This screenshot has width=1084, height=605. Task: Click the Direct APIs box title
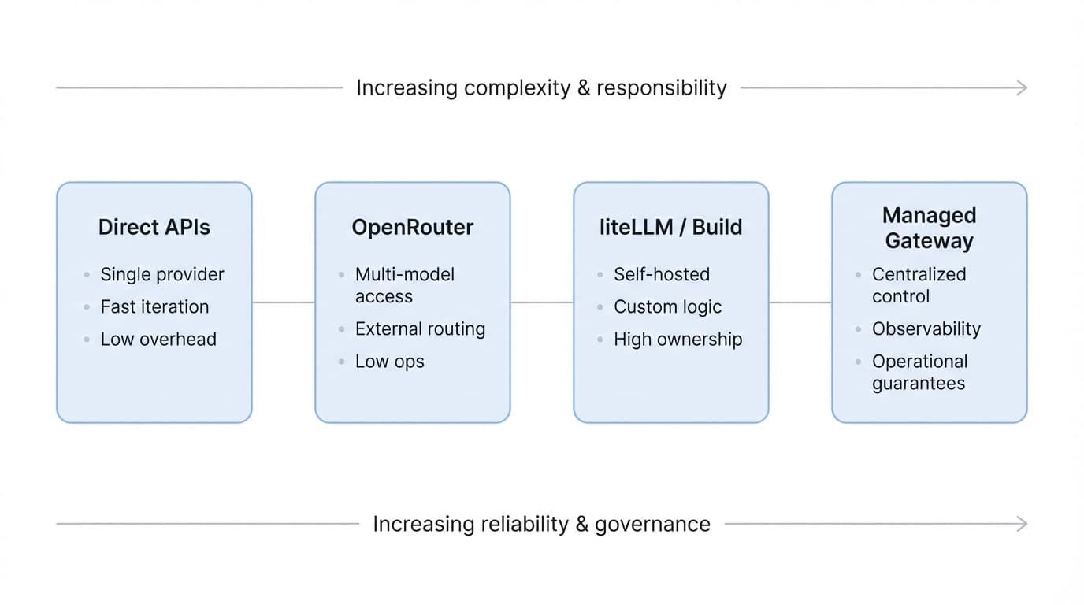click(x=154, y=227)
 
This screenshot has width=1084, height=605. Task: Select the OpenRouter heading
click(x=412, y=227)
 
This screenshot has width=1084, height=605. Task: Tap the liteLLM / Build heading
click(x=670, y=227)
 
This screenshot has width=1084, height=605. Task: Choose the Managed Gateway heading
click(x=929, y=228)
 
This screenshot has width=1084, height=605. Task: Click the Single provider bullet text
click(x=162, y=274)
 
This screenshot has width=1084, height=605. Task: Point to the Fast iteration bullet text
click(x=154, y=306)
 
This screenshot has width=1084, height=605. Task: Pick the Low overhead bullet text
click(x=158, y=339)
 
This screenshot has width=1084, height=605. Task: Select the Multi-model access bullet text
click(x=405, y=285)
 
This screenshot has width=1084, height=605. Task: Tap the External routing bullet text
click(x=420, y=328)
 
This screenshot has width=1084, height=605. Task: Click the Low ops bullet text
click(x=389, y=361)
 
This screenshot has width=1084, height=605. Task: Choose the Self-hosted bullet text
click(x=662, y=274)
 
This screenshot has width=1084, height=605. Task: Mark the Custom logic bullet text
click(x=667, y=306)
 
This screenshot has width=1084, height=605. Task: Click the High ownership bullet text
click(x=677, y=339)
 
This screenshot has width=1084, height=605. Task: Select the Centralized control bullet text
click(x=919, y=285)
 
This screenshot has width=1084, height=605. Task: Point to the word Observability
click(x=926, y=328)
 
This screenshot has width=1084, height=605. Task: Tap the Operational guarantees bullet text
click(x=919, y=372)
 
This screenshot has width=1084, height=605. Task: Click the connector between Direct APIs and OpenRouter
click(x=284, y=302)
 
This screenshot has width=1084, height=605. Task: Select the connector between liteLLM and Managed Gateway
click(x=800, y=302)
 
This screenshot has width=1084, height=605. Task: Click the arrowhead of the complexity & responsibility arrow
click(x=1023, y=88)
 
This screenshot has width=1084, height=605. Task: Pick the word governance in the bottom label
click(x=652, y=524)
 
